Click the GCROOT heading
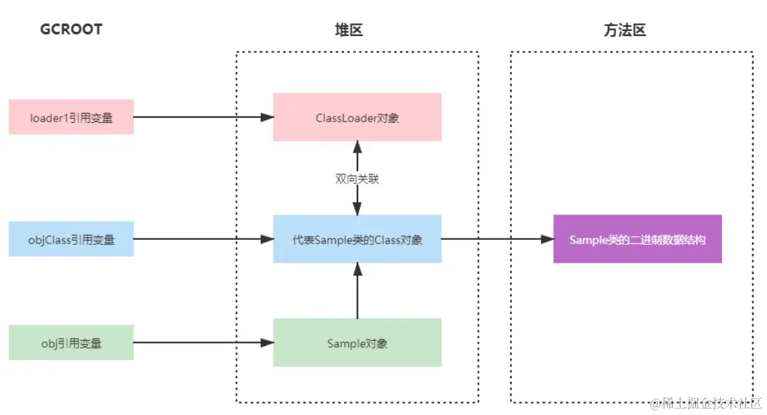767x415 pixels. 71,30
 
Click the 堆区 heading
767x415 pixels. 348,30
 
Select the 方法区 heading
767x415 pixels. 625,30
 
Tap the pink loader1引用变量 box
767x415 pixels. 71,117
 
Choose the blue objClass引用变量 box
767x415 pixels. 71,239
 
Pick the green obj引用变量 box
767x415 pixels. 71,343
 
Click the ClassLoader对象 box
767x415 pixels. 357,117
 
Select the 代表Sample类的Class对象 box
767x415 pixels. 357,239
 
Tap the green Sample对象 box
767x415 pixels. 357,343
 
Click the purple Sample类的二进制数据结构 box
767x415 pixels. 637,239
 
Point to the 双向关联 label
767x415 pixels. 357,179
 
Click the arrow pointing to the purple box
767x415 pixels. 497,239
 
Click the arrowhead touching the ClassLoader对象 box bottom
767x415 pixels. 357,147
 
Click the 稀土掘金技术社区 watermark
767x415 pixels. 706,404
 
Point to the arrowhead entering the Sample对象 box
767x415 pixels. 267,343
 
